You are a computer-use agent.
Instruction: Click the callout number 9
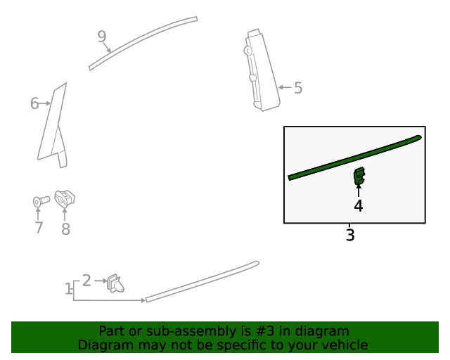coord(102,37)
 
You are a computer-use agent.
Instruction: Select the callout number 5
coord(298,88)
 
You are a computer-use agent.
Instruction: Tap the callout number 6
coord(34,103)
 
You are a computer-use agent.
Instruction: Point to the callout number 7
coord(39,227)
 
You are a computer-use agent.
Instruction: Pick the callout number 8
coord(65,229)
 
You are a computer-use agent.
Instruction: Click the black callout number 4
coord(358,206)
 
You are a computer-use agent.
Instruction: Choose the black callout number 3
coord(350,235)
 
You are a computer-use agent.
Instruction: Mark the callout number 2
coord(86,281)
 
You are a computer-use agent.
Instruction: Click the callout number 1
coord(68,288)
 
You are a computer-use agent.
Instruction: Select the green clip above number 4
coord(359,176)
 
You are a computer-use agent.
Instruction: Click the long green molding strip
coord(354,158)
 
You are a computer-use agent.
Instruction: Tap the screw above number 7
coord(41,201)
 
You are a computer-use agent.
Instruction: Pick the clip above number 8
coord(65,199)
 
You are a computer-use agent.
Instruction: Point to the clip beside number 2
coord(115,283)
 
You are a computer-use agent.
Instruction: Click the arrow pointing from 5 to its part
coord(285,87)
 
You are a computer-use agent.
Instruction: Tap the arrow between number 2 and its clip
coord(101,281)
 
